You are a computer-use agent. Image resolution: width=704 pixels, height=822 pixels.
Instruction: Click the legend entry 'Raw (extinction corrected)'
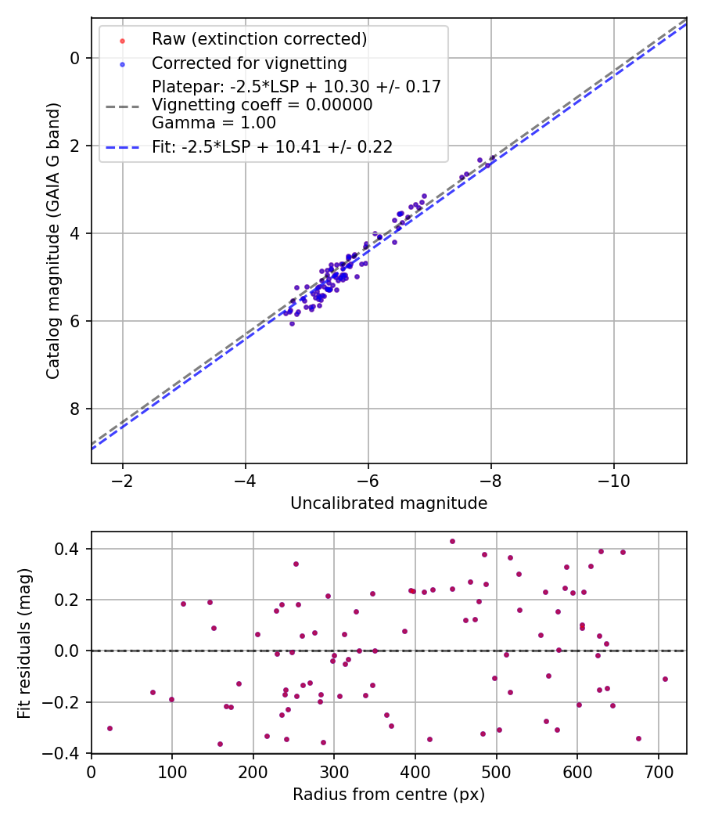coord(259,39)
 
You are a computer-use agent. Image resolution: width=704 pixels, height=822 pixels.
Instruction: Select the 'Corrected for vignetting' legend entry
coord(249,63)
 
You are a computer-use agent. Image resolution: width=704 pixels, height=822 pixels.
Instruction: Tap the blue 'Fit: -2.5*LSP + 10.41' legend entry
coord(272,146)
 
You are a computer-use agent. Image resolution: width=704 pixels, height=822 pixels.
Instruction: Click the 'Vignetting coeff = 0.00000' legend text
coord(262,104)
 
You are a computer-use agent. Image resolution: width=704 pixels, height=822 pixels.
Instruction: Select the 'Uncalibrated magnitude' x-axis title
coord(389,503)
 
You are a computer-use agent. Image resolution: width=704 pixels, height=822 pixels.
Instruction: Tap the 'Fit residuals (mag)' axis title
coord(25,642)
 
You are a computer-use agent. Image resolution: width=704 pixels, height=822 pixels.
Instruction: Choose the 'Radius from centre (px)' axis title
coord(389,795)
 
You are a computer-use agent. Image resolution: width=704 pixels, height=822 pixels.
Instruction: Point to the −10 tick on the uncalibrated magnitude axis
coord(614,479)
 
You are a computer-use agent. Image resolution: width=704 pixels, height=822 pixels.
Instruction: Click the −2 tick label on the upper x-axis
coord(123,479)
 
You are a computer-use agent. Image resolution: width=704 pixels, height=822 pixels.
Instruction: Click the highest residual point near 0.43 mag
coord(452,541)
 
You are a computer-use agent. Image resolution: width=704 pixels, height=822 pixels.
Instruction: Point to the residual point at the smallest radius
coord(110,728)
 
